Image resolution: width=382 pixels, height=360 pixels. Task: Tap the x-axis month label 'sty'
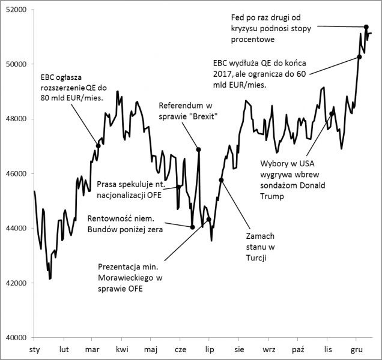pyautogui.click(x=35, y=349)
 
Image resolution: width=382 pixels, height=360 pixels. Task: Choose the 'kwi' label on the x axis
pyautogui.click(x=122, y=349)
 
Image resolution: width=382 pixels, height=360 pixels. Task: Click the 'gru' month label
pyautogui.click(x=356, y=349)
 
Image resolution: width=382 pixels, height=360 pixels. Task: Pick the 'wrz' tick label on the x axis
pyautogui.click(x=268, y=349)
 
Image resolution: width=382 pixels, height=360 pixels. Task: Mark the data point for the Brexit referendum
pyautogui.click(x=199, y=149)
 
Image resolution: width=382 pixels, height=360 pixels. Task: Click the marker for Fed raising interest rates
pyautogui.click(x=366, y=27)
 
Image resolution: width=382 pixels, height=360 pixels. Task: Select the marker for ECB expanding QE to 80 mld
pyautogui.click(x=98, y=146)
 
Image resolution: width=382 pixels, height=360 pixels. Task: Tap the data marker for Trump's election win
pyautogui.click(x=332, y=113)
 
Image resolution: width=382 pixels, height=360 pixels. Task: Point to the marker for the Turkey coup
pyautogui.click(x=221, y=180)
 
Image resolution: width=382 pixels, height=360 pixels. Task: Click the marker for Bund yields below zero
pyautogui.click(x=192, y=227)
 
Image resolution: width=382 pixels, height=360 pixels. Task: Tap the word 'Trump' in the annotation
pyautogui.click(x=271, y=196)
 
